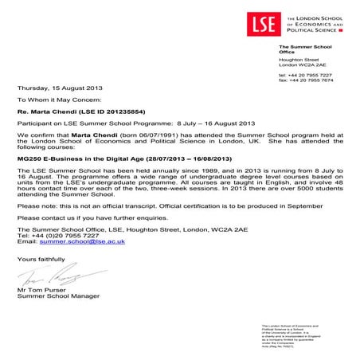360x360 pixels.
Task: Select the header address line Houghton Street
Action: (300, 61)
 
